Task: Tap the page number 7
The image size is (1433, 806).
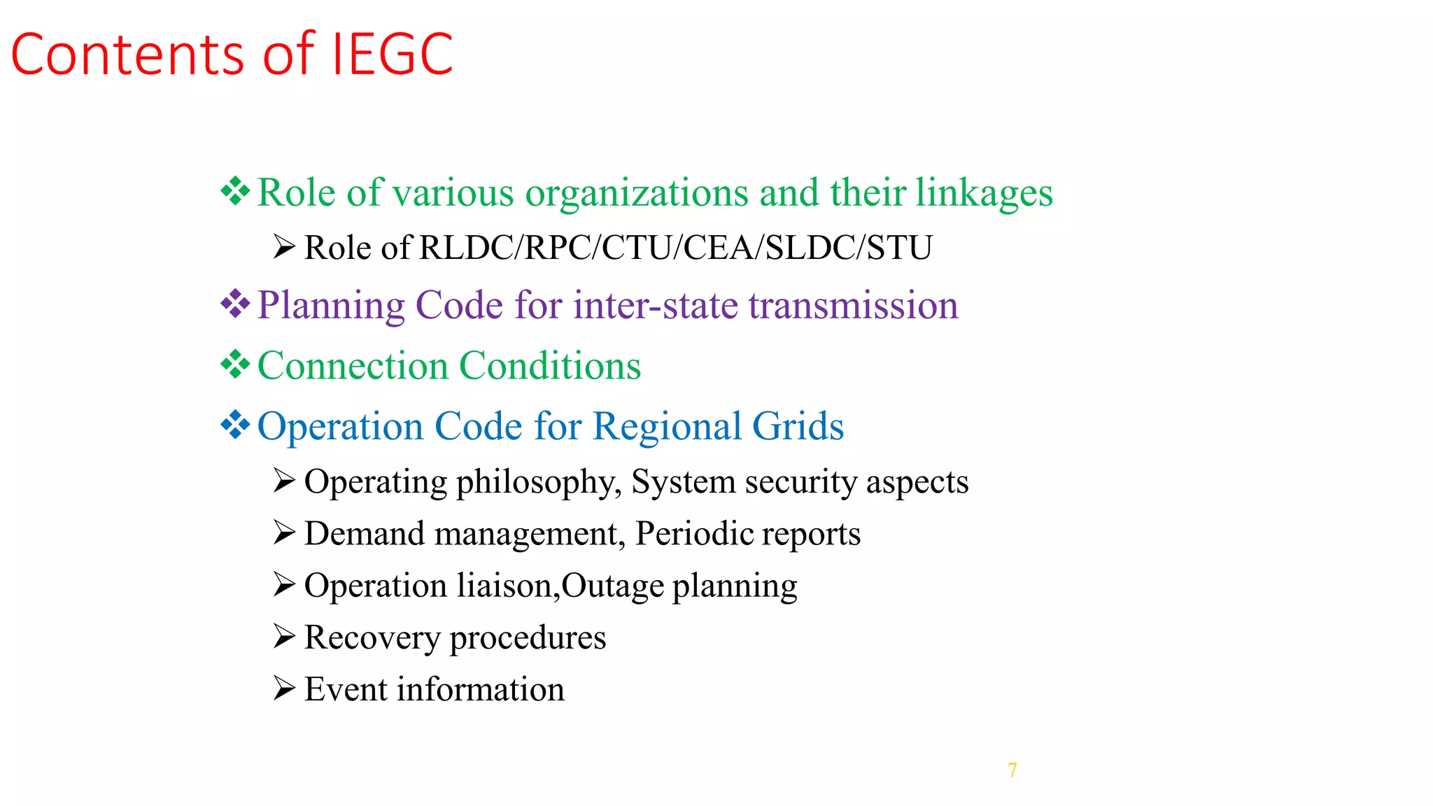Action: click(x=1012, y=770)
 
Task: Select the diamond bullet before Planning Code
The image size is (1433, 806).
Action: click(x=235, y=304)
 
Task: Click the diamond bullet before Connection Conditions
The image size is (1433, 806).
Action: click(x=235, y=365)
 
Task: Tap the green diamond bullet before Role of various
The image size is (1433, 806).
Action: click(x=235, y=192)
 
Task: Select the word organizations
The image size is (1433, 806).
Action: click(x=637, y=193)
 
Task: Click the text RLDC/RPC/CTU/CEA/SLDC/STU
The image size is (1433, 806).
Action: click(x=675, y=248)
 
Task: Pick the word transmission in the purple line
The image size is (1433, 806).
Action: click(x=853, y=306)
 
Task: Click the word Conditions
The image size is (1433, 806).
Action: click(x=550, y=366)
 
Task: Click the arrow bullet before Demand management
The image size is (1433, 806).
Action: click(x=284, y=533)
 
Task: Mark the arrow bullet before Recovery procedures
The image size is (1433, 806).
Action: click(x=284, y=637)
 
